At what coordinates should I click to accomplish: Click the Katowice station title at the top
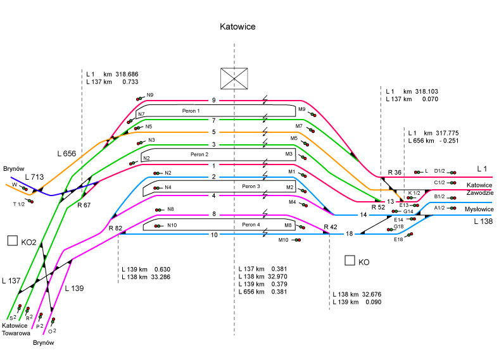[237, 27]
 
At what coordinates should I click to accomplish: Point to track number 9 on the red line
[214, 101]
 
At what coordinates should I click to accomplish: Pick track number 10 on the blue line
[214, 235]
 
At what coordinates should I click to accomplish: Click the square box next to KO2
[11, 240]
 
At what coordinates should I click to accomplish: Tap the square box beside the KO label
[349, 260]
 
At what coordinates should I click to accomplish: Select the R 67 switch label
[84, 205]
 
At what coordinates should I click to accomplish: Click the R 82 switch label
[115, 228]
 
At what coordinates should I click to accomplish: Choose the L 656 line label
[66, 154]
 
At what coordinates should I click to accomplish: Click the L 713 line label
[35, 178]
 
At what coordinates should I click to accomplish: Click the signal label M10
[282, 240]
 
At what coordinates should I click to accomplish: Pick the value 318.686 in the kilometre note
[127, 74]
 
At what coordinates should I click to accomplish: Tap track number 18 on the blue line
[349, 235]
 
